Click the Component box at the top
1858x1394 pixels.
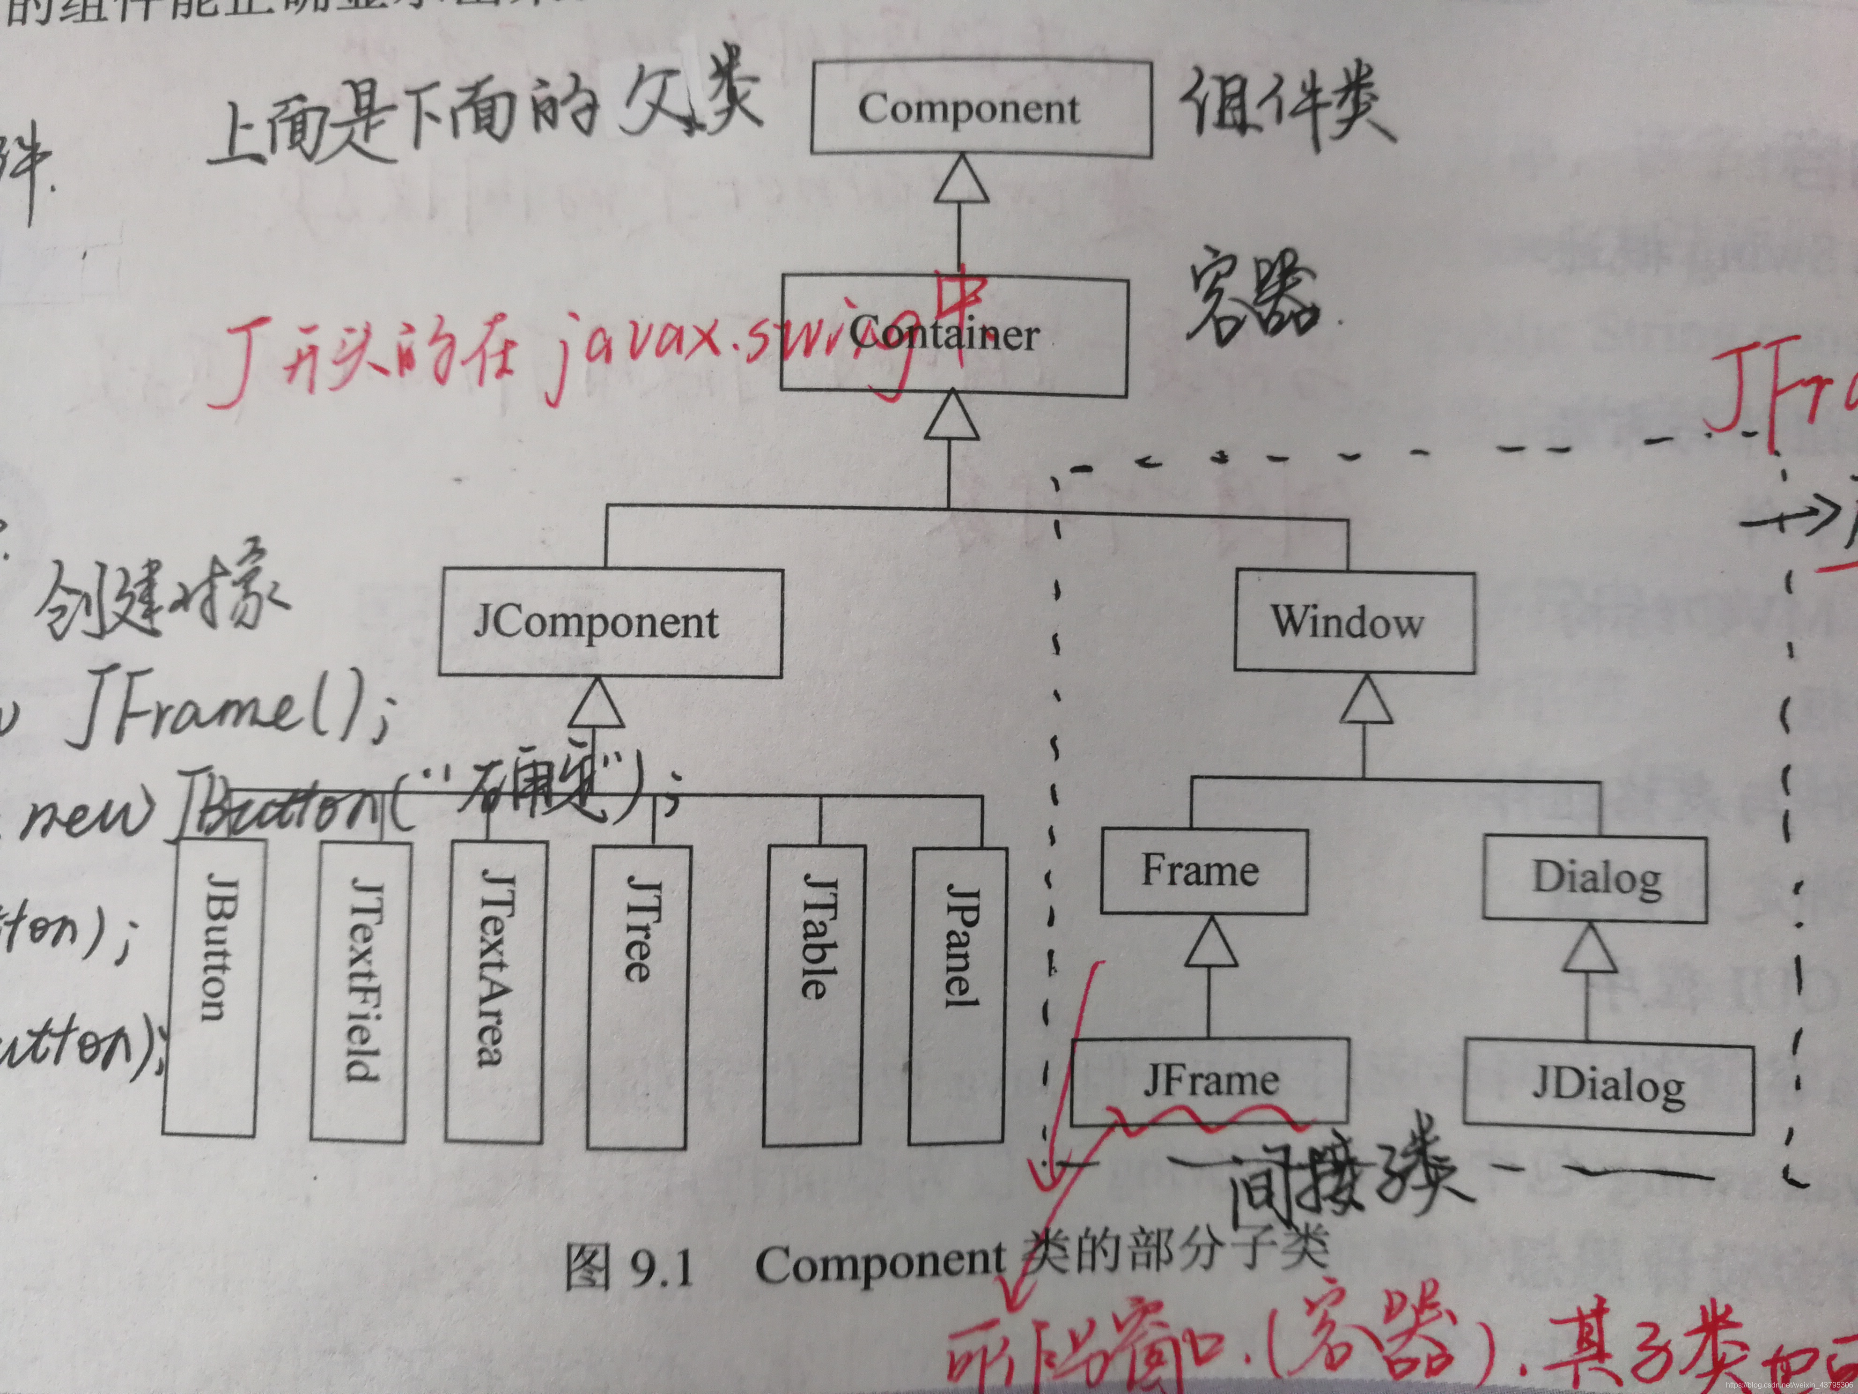tap(980, 109)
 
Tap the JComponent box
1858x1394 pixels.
tap(611, 623)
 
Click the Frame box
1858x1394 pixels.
tap(1203, 871)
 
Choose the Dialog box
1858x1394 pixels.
tap(1594, 878)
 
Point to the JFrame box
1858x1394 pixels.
tap(1209, 1082)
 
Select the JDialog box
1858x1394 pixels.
tap(1608, 1087)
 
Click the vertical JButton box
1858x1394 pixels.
tap(210, 987)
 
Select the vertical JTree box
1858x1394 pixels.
tap(638, 996)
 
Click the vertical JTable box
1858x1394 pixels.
tap(813, 996)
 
